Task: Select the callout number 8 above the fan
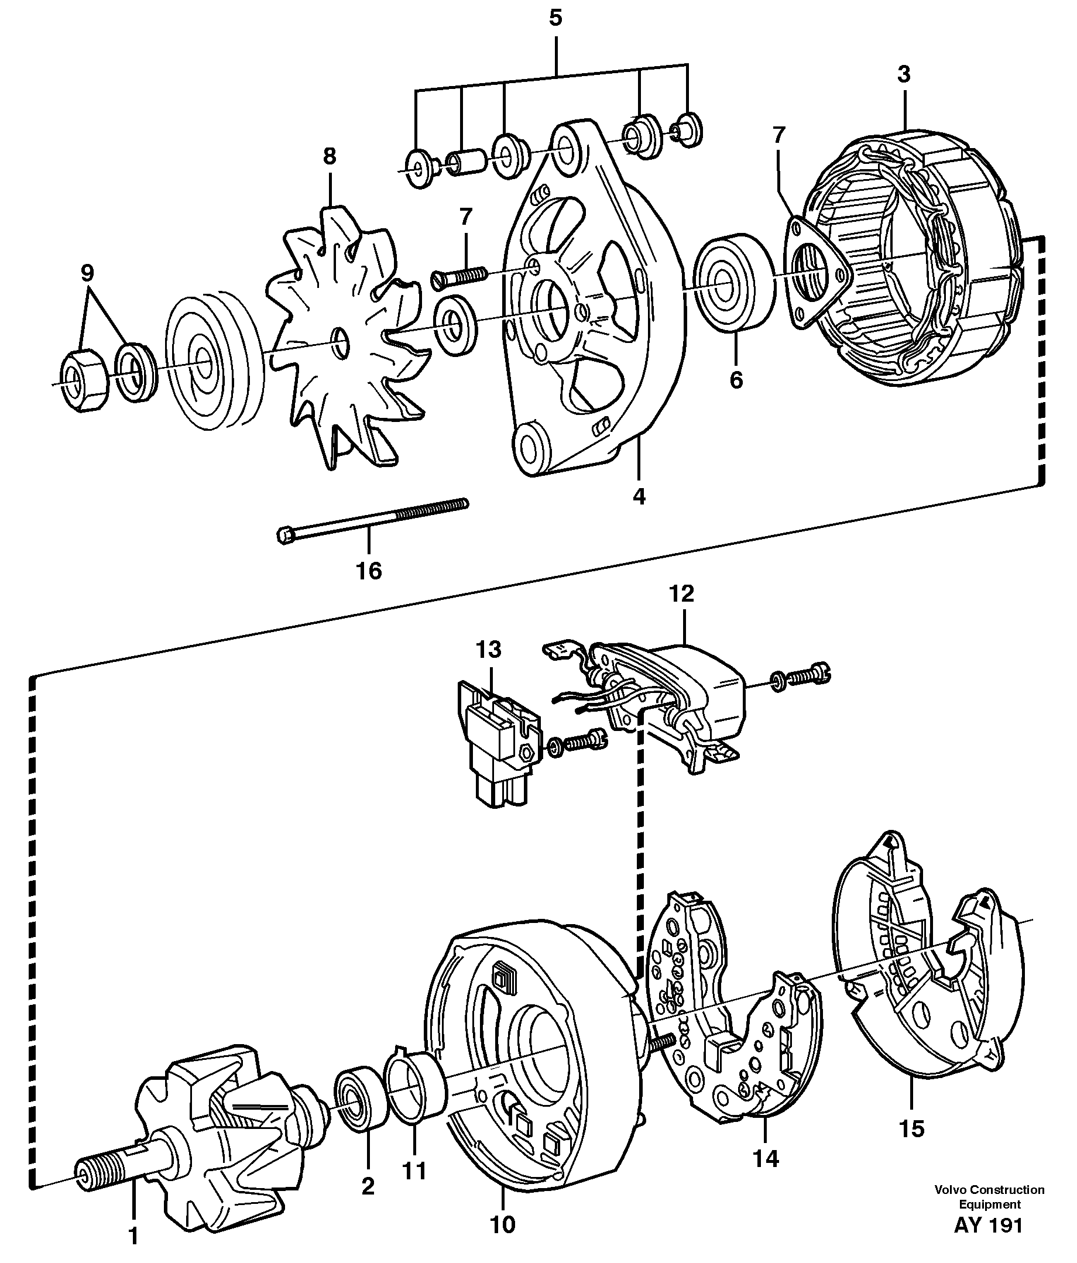pyautogui.click(x=329, y=157)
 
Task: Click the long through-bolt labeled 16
pyautogui.click(x=372, y=519)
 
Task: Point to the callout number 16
pyautogui.click(x=369, y=571)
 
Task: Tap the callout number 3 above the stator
pyautogui.click(x=903, y=74)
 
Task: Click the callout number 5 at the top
pyautogui.click(x=555, y=18)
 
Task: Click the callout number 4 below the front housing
pyautogui.click(x=638, y=497)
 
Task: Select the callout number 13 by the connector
pyautogui.click(x=488, y=649)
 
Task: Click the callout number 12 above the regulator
pyautogui.click(x=681, y=593)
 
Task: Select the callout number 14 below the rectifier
pyautogui.click(x=766, y=1159)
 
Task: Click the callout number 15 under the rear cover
pyautogui.click(x=912, y=1129)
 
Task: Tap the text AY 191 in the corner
pyautogui.click(x=988, y=1225)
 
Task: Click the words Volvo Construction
pyautogui.click(x=989, y=1190)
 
